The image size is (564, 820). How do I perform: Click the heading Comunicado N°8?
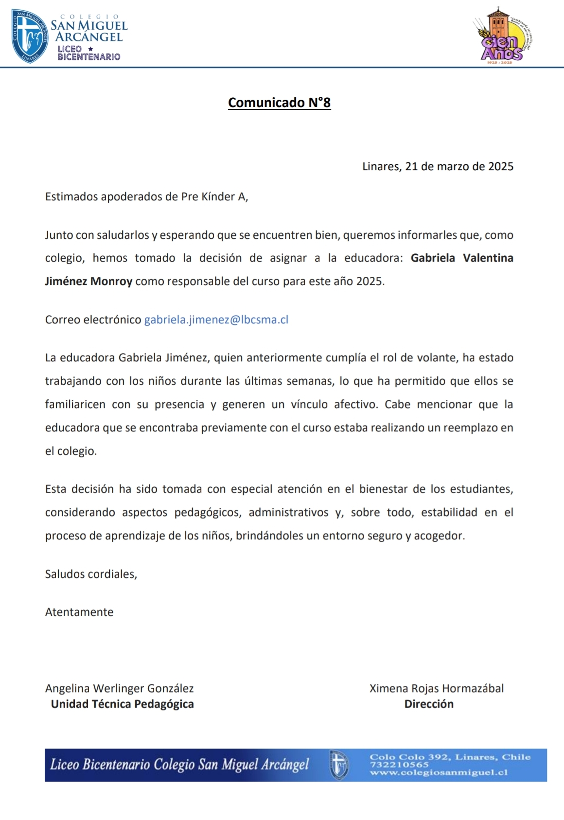pyautogui.click(x=279, y=103)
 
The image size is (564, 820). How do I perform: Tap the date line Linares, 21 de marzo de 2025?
pyautogui.click(x=438, y=166)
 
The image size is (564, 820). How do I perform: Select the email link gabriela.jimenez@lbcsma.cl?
pyautogui.click(x=216, y=320)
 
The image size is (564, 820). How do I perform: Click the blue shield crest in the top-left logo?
pyautogui.click(x=30, y=36)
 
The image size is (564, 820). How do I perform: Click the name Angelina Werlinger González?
pyautogui.click(x=119, y=688)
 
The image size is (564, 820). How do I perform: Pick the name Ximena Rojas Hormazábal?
pyautogui.click(x=436, y=688)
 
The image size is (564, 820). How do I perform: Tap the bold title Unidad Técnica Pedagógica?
pyautogui.click(x=122, y=704)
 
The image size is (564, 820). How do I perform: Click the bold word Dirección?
pyautogui.click(x=429, y=704)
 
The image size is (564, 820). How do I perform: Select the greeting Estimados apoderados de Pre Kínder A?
pyautogui.click(x=146, y=196)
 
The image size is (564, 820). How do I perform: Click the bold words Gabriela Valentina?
pyautogui.click(x=462, y=258)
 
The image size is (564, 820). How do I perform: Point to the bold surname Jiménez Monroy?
pyautogui.click(x=88, y=281)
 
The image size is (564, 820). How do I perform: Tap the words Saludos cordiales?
pyautogui.click(x=91, y=574)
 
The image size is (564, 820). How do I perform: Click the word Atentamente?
pyautogui.click(x=79, y=612)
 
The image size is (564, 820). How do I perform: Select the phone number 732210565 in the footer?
pyautogui.click(x=399, y=765)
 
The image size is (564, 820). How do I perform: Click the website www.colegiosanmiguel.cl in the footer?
pyautogui.click(x=439, y=772)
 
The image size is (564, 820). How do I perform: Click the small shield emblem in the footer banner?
pyautogui.click(x=339, y=765)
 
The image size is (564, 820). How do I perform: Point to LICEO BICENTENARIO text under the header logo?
pyautogui.click(x=88, y=53)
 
